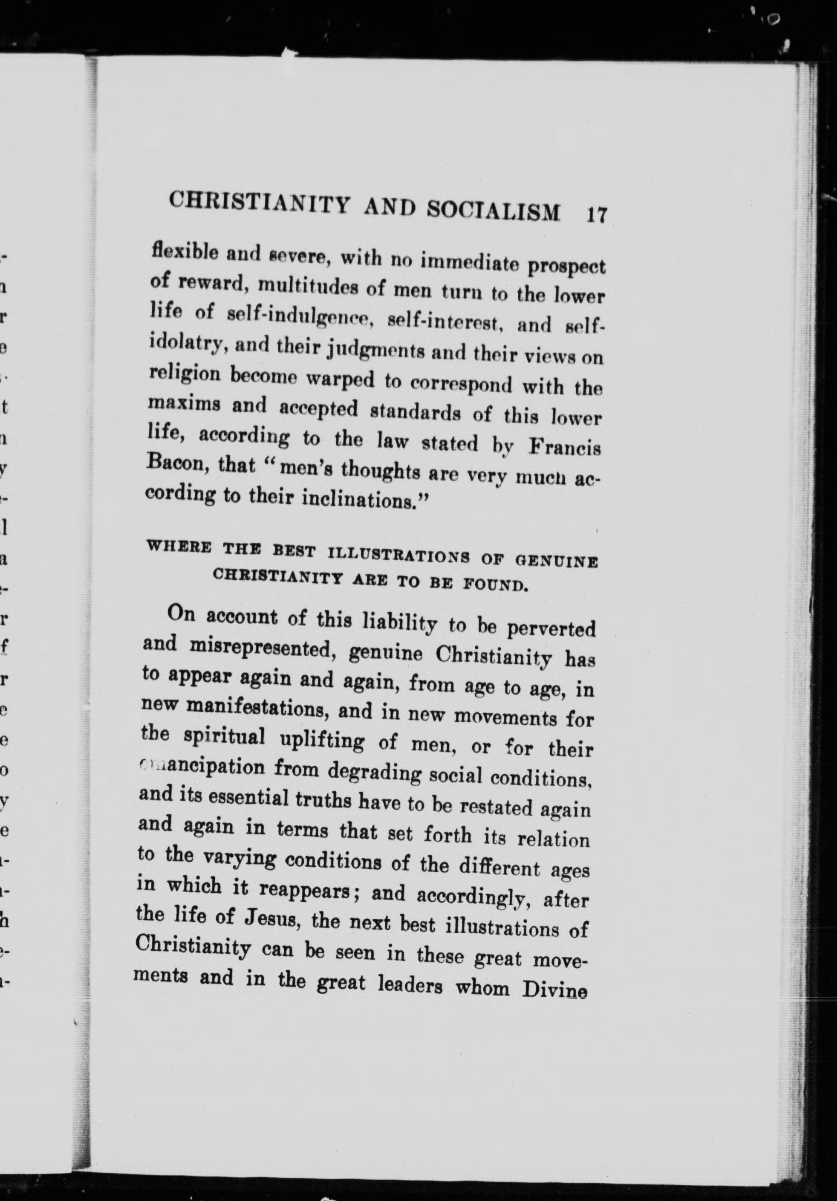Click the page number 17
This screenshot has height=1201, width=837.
[x=596, y=215]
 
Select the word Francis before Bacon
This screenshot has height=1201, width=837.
[x=565, y=448]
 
